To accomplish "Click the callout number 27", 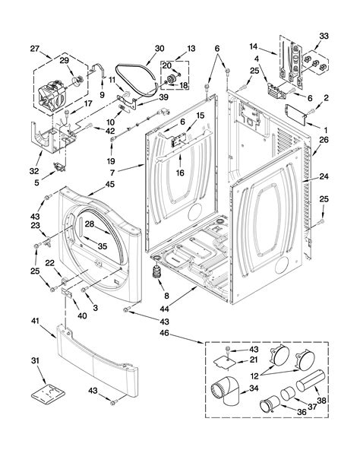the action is coord(35,49).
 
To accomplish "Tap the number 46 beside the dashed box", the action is coord(164,333).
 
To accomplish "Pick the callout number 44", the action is coord(164,309).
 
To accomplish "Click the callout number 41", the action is coord(35,321).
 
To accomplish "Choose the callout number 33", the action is coord(324,36).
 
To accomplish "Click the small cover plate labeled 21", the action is coord(226,363).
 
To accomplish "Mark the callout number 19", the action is coord(111,161).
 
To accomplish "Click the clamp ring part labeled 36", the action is coord(270,404).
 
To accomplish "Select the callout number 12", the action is coord(254,376).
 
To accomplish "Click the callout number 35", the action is coord(102,246).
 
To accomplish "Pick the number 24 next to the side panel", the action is coord(324,176).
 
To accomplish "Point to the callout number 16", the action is coord(180,173).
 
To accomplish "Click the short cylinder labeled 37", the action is coord(288,393).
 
